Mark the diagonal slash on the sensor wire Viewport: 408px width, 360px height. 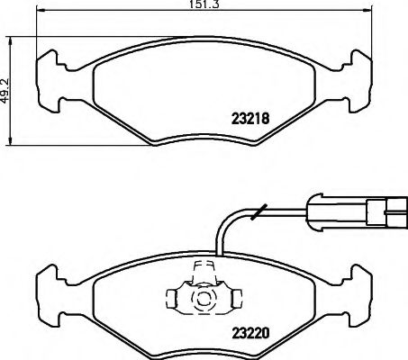(259, 213)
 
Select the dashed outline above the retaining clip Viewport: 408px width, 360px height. (204, 267)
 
